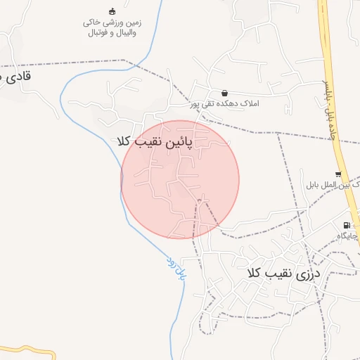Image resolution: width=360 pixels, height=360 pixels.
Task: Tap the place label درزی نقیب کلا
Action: [x=283, y=272]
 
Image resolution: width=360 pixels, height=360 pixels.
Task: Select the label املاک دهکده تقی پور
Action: [x=224, y=103]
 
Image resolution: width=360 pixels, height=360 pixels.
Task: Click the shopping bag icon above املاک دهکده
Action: [x=224, y=93]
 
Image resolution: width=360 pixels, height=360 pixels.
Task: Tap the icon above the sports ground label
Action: [x=112, y=11]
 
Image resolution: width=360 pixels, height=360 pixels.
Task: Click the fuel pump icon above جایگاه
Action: [x=346, y=226]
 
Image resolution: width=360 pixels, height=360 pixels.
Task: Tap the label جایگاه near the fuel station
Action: [x=347, y=236]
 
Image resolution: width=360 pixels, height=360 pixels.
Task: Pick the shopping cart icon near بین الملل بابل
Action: [x=339, y=174]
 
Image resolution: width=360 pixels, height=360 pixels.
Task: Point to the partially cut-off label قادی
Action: [x=17, y=76]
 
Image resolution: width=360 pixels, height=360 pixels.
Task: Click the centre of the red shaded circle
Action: [x=180, y=179]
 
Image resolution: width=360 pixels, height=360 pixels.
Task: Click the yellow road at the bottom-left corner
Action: [x=28, y=349]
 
